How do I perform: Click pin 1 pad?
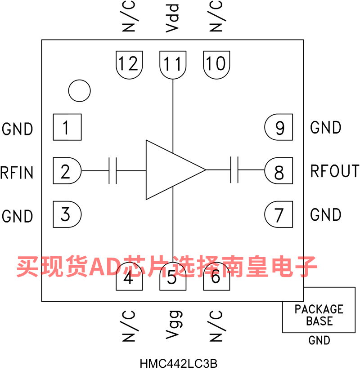click(67, 127)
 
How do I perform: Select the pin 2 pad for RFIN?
click(67, 171)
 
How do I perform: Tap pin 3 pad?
click(67, 214)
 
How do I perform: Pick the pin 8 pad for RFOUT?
click(279, 171)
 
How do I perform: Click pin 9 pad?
click(279, 128)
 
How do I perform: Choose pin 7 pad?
click(279, 214)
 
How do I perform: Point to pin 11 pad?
click(173, 64)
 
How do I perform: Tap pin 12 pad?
click(129, 64)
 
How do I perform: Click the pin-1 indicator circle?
click(79, 91)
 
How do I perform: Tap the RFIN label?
click(17, 172)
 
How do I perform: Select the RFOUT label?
click(335, 171)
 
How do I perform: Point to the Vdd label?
click(173, 18)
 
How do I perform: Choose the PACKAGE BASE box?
click(319, 315)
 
